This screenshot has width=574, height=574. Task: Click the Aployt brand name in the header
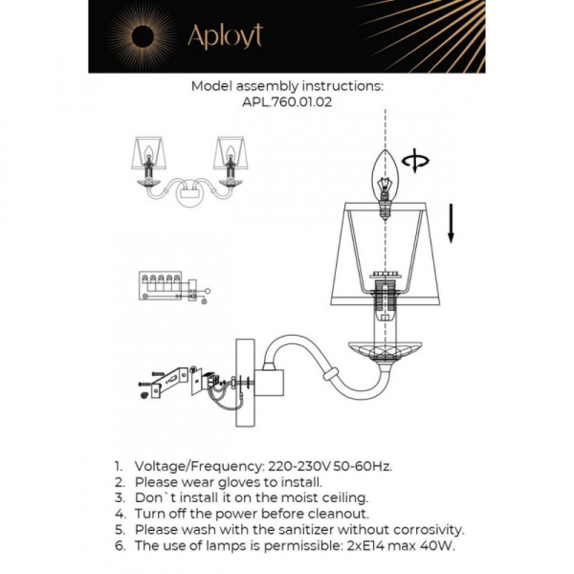click(x=224, y=36)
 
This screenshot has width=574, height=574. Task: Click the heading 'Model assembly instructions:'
click(x=287, y=85)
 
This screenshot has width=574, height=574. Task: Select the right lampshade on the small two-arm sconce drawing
click(x=230, y=150)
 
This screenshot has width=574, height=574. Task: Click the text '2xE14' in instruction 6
click(x=352, y=545)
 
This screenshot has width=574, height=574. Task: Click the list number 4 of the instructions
click(x=120, y=514)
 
